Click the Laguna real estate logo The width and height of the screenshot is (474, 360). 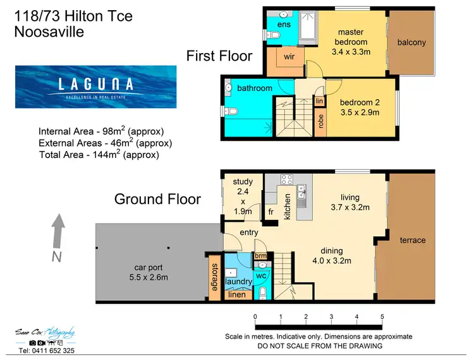96,87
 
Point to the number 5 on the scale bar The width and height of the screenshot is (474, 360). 382,316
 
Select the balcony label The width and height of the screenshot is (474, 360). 411,42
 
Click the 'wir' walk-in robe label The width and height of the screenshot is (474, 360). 289,56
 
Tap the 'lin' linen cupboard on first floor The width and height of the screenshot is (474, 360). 320,101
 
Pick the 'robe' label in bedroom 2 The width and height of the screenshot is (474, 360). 320,121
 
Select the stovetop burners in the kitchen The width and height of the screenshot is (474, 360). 286,179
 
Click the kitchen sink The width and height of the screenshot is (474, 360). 301,196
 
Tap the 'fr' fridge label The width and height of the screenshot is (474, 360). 271,212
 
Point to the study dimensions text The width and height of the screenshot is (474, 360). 243,201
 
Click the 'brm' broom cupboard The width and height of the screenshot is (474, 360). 260,256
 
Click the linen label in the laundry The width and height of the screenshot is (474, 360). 237,294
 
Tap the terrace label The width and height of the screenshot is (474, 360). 413,240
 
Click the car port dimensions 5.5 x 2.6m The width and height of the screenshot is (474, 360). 149,277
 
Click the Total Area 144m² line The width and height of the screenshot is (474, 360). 99,154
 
